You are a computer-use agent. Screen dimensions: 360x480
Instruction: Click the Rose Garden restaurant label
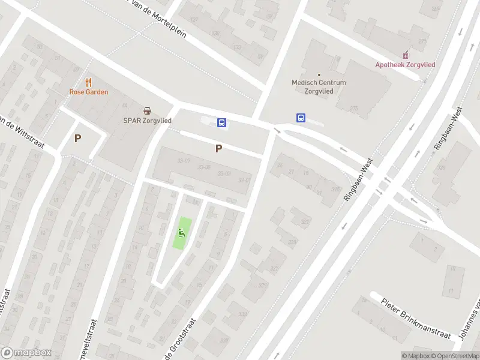[x=89, y=92]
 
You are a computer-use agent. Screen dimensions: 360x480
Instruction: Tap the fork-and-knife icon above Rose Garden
[x=89, y=82]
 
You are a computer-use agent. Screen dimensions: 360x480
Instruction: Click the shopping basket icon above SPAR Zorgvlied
[x=147, y=110]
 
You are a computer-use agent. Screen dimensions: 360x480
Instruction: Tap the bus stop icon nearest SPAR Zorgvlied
[x=221, y=123]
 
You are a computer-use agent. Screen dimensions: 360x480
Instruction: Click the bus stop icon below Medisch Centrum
[x=300, y=118]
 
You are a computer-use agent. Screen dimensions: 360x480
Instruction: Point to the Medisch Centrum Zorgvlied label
[x=319, y=87]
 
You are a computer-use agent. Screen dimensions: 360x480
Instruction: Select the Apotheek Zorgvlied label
[x=405, y=65]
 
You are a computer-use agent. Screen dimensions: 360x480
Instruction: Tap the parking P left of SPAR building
[x=77, y=138]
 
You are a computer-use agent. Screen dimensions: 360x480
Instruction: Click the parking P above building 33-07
[x=219, y=148]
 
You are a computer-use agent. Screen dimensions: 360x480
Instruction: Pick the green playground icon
[x=182, y=233]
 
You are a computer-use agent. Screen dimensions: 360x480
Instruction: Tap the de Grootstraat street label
[x=177, y=339]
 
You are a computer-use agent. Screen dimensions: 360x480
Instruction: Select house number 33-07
[x=184, y=161]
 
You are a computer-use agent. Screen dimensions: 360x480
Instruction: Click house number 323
[x=292, y=242]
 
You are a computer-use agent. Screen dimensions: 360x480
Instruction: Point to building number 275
[x=353, y=108]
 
